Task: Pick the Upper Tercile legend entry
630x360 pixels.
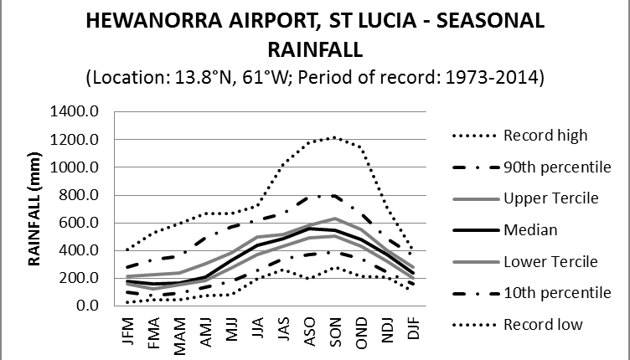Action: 550,198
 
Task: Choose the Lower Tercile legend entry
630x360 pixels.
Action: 550,261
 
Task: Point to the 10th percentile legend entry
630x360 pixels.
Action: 555,292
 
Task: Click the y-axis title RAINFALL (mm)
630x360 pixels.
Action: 37,208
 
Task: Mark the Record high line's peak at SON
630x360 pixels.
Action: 335,137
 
